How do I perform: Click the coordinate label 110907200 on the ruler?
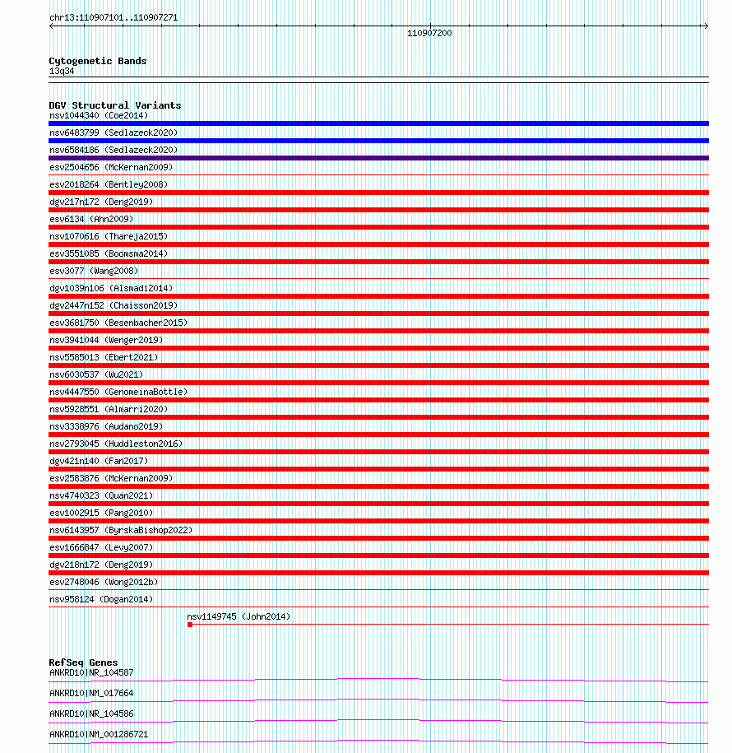point(429,33)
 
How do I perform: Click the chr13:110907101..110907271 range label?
point(113,17)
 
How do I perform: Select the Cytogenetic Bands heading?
point(97,61)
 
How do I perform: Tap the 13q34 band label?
point(62,71)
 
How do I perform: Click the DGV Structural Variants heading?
point(114,105)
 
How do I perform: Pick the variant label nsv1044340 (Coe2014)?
point(99,115)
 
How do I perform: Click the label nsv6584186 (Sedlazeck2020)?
point(113,150)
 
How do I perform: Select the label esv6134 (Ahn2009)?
point(90,219)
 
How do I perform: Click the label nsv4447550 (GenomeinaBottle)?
point(118,392)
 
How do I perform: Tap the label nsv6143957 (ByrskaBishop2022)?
point(121,530)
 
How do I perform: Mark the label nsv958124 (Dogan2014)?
point(100,599)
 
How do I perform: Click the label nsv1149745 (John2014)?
point(239,616)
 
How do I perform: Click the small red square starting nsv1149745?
point(190,625)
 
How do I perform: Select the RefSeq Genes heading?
point(83,662)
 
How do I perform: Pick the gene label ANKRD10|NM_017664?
point(90,693)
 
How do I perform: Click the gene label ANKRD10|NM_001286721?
point(99,734)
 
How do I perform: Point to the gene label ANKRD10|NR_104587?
point(90,672)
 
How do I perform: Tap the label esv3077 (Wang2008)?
point(94,271)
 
